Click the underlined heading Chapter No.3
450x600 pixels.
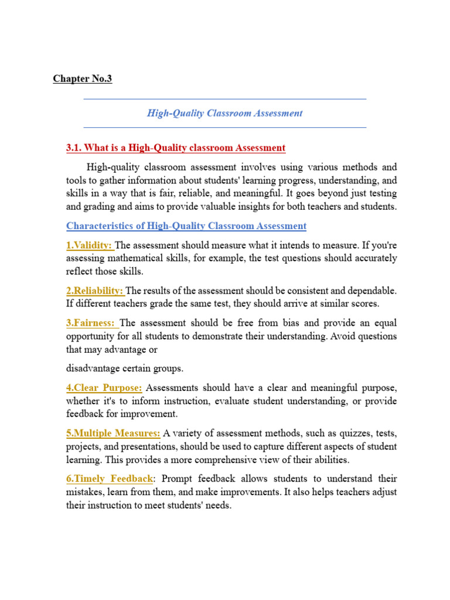coord(83,79)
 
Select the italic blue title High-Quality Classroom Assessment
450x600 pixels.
coord(224,113)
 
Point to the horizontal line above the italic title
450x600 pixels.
coord(224,99)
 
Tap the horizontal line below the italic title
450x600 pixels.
coord(224,127)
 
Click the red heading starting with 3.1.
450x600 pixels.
coord(176,148)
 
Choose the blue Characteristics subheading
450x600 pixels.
coord(186,226)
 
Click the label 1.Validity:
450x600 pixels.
coord(90,245)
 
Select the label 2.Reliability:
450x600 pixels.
coord(95,291)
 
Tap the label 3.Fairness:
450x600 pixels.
coord(92,323)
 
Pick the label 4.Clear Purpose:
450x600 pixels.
coord(104,388)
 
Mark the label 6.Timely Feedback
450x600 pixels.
coord(110,479)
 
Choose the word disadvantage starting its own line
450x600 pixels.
coord(93,369)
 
